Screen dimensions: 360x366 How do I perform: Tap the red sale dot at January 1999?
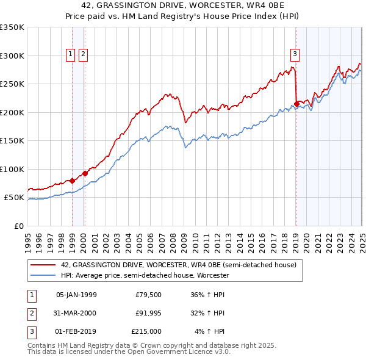[72, 181]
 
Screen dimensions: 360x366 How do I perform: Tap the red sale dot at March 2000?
[85, 173]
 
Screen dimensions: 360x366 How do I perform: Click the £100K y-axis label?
[12, 169]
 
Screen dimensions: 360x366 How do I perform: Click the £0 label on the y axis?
[18, 226]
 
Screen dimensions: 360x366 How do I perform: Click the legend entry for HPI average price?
[144, 275]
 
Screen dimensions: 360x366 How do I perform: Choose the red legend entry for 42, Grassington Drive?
[178, 265]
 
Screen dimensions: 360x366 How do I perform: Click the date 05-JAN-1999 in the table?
[76, 295]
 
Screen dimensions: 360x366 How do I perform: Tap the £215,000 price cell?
[146, 331]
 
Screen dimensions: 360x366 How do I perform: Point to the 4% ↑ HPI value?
[209, 331]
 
